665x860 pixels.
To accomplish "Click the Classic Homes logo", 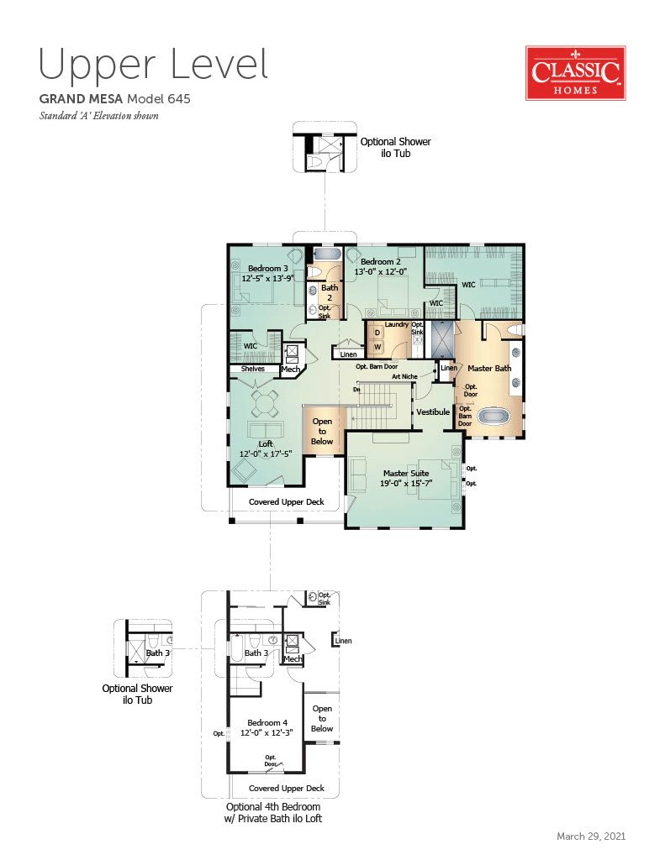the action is tap(576, 73).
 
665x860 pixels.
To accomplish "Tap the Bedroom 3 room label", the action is tap(268, 268).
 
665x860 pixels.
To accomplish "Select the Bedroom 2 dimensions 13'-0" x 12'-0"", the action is tap(381, 271).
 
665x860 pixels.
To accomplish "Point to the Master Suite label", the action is tap(406, 473).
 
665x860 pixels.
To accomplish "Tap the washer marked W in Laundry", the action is tap(377, 347).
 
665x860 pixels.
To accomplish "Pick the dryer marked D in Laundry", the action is tap(377, 333).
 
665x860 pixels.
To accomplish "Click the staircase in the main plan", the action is tap(376, 406).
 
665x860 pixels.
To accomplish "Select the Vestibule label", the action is tap(433, 412).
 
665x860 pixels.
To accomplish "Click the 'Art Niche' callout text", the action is tap(404, 377).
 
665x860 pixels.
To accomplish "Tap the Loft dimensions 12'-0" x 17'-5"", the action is tap(266, 454).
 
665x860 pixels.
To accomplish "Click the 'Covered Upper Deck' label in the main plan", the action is tap(287, 502).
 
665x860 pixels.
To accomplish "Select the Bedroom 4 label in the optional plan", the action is tap(267, 723).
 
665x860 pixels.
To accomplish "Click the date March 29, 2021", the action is tap(591, 836).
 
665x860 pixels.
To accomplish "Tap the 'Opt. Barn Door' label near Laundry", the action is tap(377, 366).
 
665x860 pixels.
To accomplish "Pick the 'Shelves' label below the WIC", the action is tap(252, 369).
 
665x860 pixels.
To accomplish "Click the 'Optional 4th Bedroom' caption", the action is tap(273, 807).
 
